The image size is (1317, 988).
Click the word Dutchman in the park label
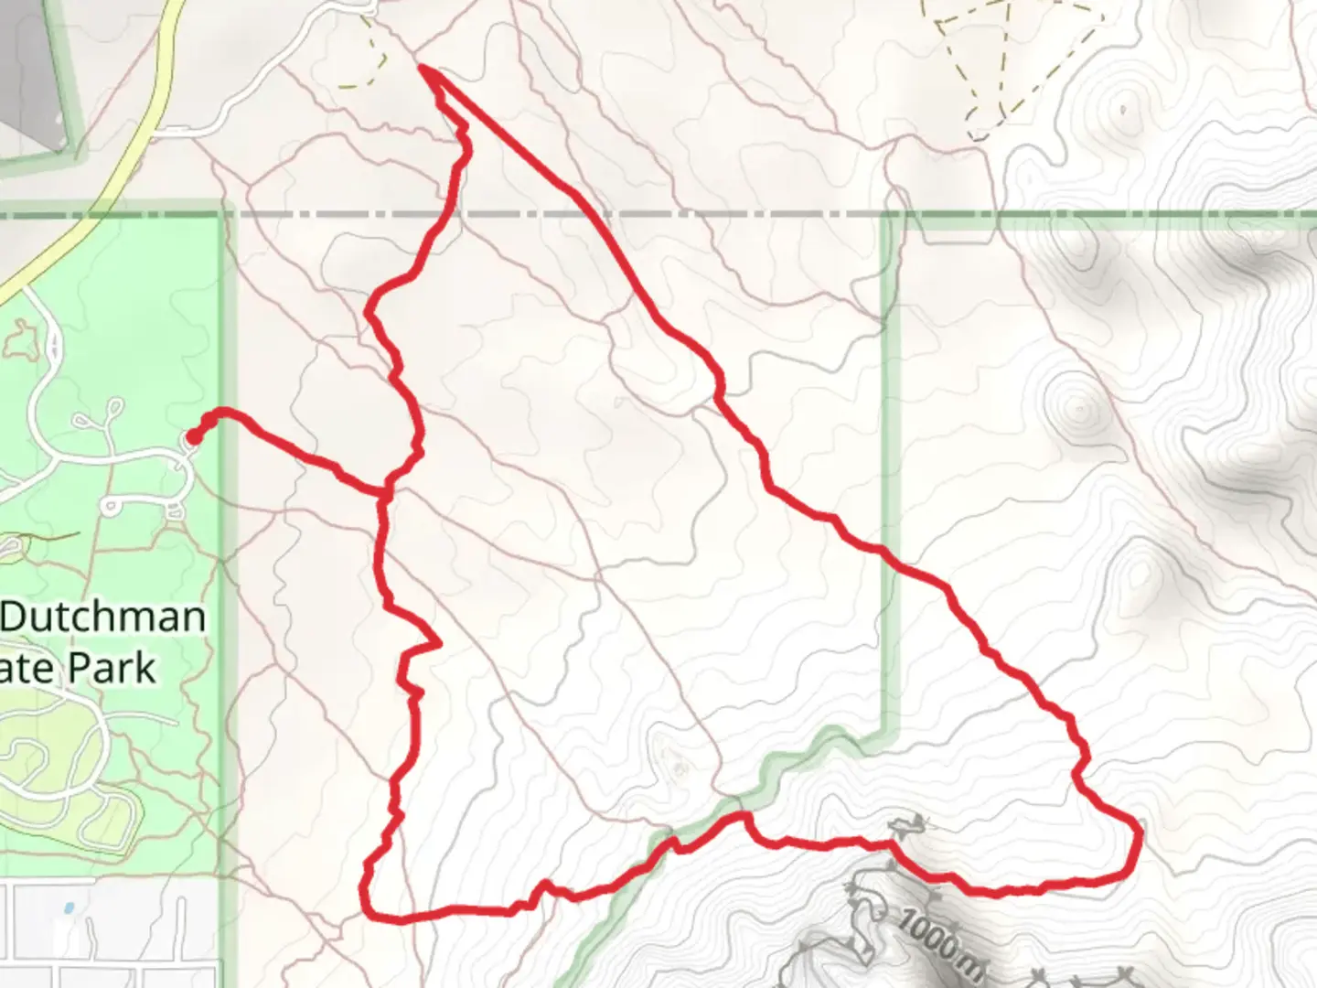pyautogui.click(x=102, y=618)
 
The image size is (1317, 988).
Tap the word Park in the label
pyautogui.click(x=113, y=668)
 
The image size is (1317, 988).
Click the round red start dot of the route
pyautogui.click(x=193, y=438)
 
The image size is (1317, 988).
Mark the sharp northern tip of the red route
pyautogui.click(x=422, y=67)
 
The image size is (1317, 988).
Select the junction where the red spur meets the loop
pyautogui.click(x=385, y=493)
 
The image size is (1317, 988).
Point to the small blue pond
pyautogui.click(x=69, y=909)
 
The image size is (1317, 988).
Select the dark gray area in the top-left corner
pyautogui.click(x=32, y=64)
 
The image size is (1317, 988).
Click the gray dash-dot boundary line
pyautogui.click(x=640, y=214)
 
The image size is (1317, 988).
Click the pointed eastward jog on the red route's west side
pyautogui.click(x=440, y=643)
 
